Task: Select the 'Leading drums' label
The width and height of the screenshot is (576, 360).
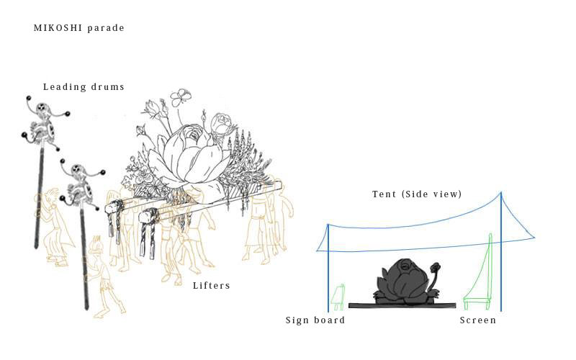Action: pyautogui.click(x=84, y=87)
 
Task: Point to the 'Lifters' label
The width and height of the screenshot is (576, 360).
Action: pyautogui.click(x=212, y=286)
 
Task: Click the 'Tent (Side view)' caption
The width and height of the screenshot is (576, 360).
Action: pyautogui.click(x=417, y=194)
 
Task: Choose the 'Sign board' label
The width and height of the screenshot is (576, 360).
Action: pyautogui.click(x=315, y=320)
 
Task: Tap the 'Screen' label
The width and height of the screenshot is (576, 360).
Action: pyautogui.click(x=478, y=320)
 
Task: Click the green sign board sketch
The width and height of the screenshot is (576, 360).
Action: pyautogui.click(x=337, y=295)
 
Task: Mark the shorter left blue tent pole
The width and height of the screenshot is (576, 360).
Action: pyautogui.click(x=328, y=266)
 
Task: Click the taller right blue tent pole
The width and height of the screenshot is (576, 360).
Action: pyautogui.click(x=501, y=252)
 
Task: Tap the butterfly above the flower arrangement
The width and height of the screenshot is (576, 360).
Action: pyautogui.click(x=180, y=96)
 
